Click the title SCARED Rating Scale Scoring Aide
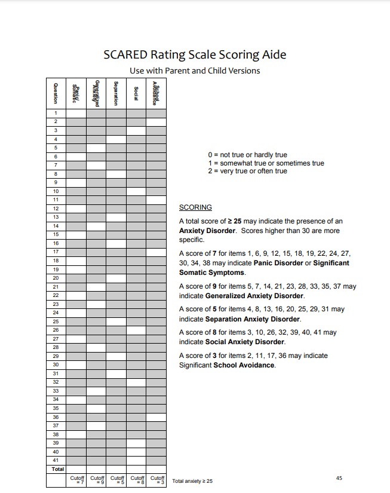click(x=195, y=55)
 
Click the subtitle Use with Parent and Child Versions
click(x=195, y=71)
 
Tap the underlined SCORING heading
click(x=195, y=207)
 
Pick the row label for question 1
click(x=56, y=113)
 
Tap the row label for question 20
click(x=56, y=278)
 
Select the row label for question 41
click(x=56, y=460)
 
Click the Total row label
click(x=57, y=469)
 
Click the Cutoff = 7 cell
click(x=76, y=480)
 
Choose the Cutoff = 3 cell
click(x=157, y=480)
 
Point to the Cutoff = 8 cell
click(x=137, y=480)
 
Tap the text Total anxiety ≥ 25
click(x=192, y=480)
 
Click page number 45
click(x=339, y=477)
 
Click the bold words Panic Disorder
click(x=278, y=263)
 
